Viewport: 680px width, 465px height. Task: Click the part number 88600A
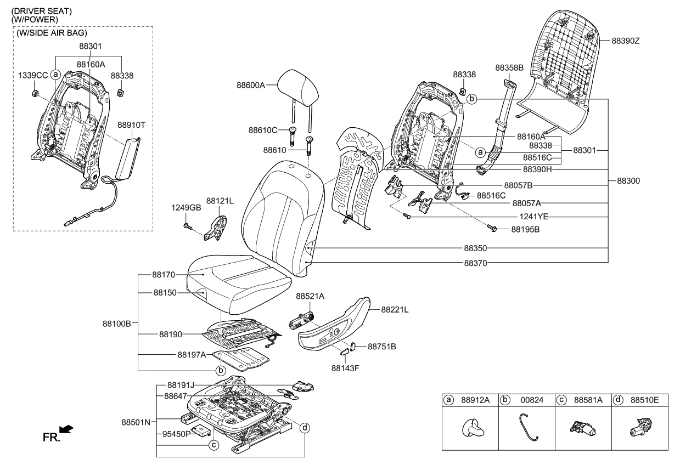point(250,85)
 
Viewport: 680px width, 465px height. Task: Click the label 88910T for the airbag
point(131,124)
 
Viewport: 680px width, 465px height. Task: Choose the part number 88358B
point(509,68)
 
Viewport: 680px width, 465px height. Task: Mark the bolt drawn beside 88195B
point(492,226)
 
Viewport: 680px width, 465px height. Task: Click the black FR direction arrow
point(67,428)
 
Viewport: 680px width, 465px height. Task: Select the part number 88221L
point(395,310)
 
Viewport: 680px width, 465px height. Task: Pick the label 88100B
point(116,324)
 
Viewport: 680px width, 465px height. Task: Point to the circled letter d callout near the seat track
point(305,428)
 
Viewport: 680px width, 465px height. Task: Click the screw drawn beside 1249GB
point(189,225)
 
